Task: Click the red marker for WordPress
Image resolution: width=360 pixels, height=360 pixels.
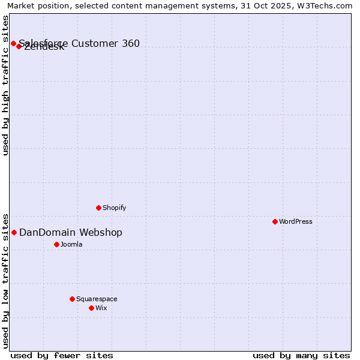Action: coord(275,221)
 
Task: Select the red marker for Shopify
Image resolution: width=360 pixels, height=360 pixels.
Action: coord(98,208)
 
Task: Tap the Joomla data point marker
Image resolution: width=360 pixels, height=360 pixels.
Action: coord(56,244)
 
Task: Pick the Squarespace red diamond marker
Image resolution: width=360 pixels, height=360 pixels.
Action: coord(72,299)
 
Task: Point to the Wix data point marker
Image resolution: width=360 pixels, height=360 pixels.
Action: coord(91,308)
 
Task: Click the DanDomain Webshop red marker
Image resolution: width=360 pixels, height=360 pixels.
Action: coord(14,232)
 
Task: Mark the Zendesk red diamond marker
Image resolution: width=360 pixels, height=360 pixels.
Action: coord(19,46)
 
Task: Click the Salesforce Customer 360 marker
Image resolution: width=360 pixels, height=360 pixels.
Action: coord(13,43)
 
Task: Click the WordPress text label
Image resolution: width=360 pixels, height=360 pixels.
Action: coord(296,221)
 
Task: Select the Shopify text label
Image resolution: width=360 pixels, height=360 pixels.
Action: coord(114,208)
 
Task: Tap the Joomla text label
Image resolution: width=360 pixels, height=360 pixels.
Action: coord(71,244)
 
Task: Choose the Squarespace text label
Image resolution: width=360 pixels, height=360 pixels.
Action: coord(97,299)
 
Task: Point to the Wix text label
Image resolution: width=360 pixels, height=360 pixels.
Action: coord(101,308)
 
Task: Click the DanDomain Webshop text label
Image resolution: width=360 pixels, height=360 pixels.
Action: coord(71,232)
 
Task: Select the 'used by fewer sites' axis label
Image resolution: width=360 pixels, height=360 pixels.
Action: coord(62,355)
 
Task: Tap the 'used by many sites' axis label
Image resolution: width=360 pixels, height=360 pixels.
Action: coord(301,355)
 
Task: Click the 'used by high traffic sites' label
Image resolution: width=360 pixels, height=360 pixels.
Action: coord(6,85)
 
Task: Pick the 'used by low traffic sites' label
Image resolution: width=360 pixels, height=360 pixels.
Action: coord(6,280)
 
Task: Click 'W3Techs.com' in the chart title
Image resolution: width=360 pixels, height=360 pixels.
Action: coord(329,5)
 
